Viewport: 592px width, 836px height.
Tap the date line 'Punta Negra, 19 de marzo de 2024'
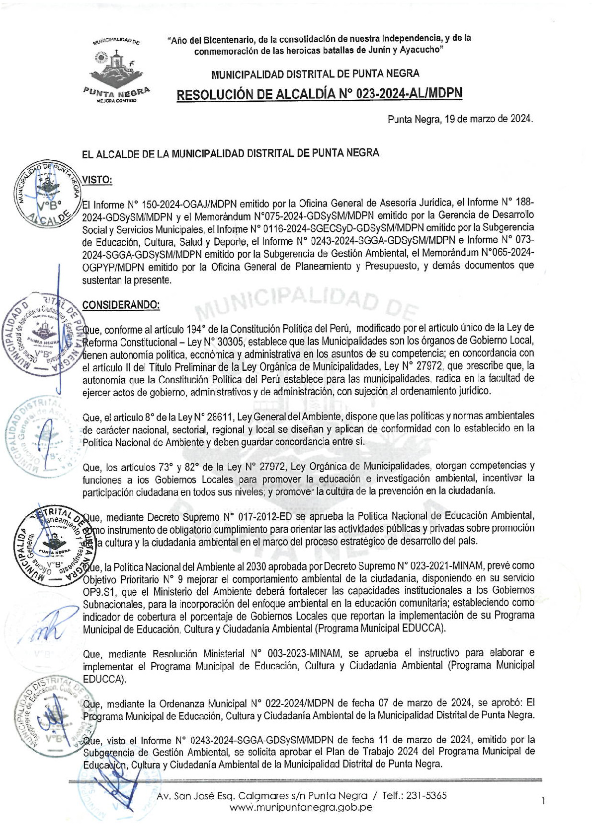click(x=460, y=119)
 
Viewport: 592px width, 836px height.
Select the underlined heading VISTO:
click(x=97, y=180)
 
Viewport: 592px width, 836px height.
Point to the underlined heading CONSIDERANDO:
click(x=121, y=305)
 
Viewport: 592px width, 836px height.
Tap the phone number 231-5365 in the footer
click(x=426, y=795)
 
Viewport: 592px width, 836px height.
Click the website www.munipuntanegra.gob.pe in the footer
click(x=301, y=807)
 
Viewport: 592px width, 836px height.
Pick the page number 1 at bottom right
click(x=544, y=800)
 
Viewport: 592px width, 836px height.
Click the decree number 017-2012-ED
click(x=259, y=516)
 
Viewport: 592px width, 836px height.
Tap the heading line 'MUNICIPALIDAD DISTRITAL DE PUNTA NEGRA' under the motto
click(x=315, y=74)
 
